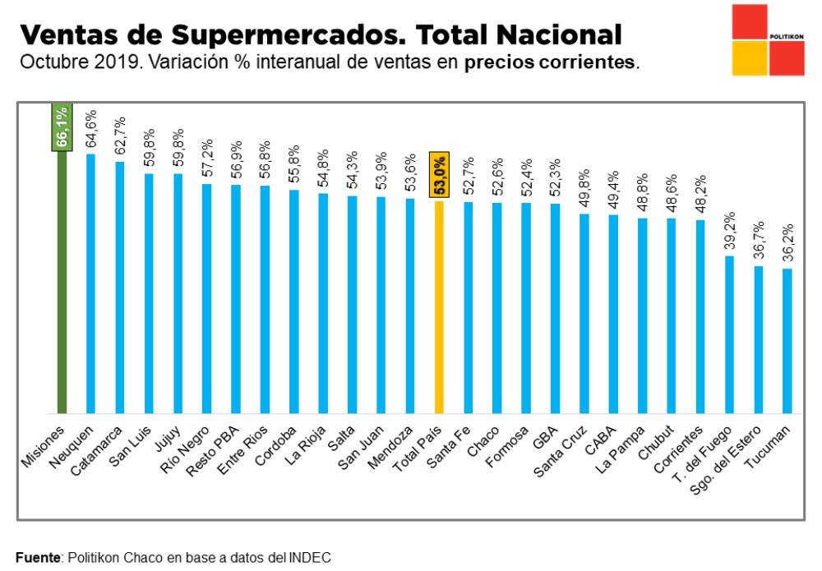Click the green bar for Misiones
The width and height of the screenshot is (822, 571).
(x=61, y=279)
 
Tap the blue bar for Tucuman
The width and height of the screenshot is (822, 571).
(x=787, y=340)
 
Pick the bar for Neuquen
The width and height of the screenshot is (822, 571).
(x=90, y=283)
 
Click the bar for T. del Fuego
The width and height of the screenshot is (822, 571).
(x=729, y=334)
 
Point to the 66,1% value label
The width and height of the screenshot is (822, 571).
(x=62, y=127)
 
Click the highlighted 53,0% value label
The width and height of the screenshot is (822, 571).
(x=440, y=175)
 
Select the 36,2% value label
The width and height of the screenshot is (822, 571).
(x=787, y=243)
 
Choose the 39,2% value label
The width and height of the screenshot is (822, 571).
(x=729, y=231)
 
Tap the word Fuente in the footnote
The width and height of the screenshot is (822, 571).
(x=38, y=558)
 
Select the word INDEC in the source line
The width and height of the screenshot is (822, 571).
(x=312, y=558)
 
